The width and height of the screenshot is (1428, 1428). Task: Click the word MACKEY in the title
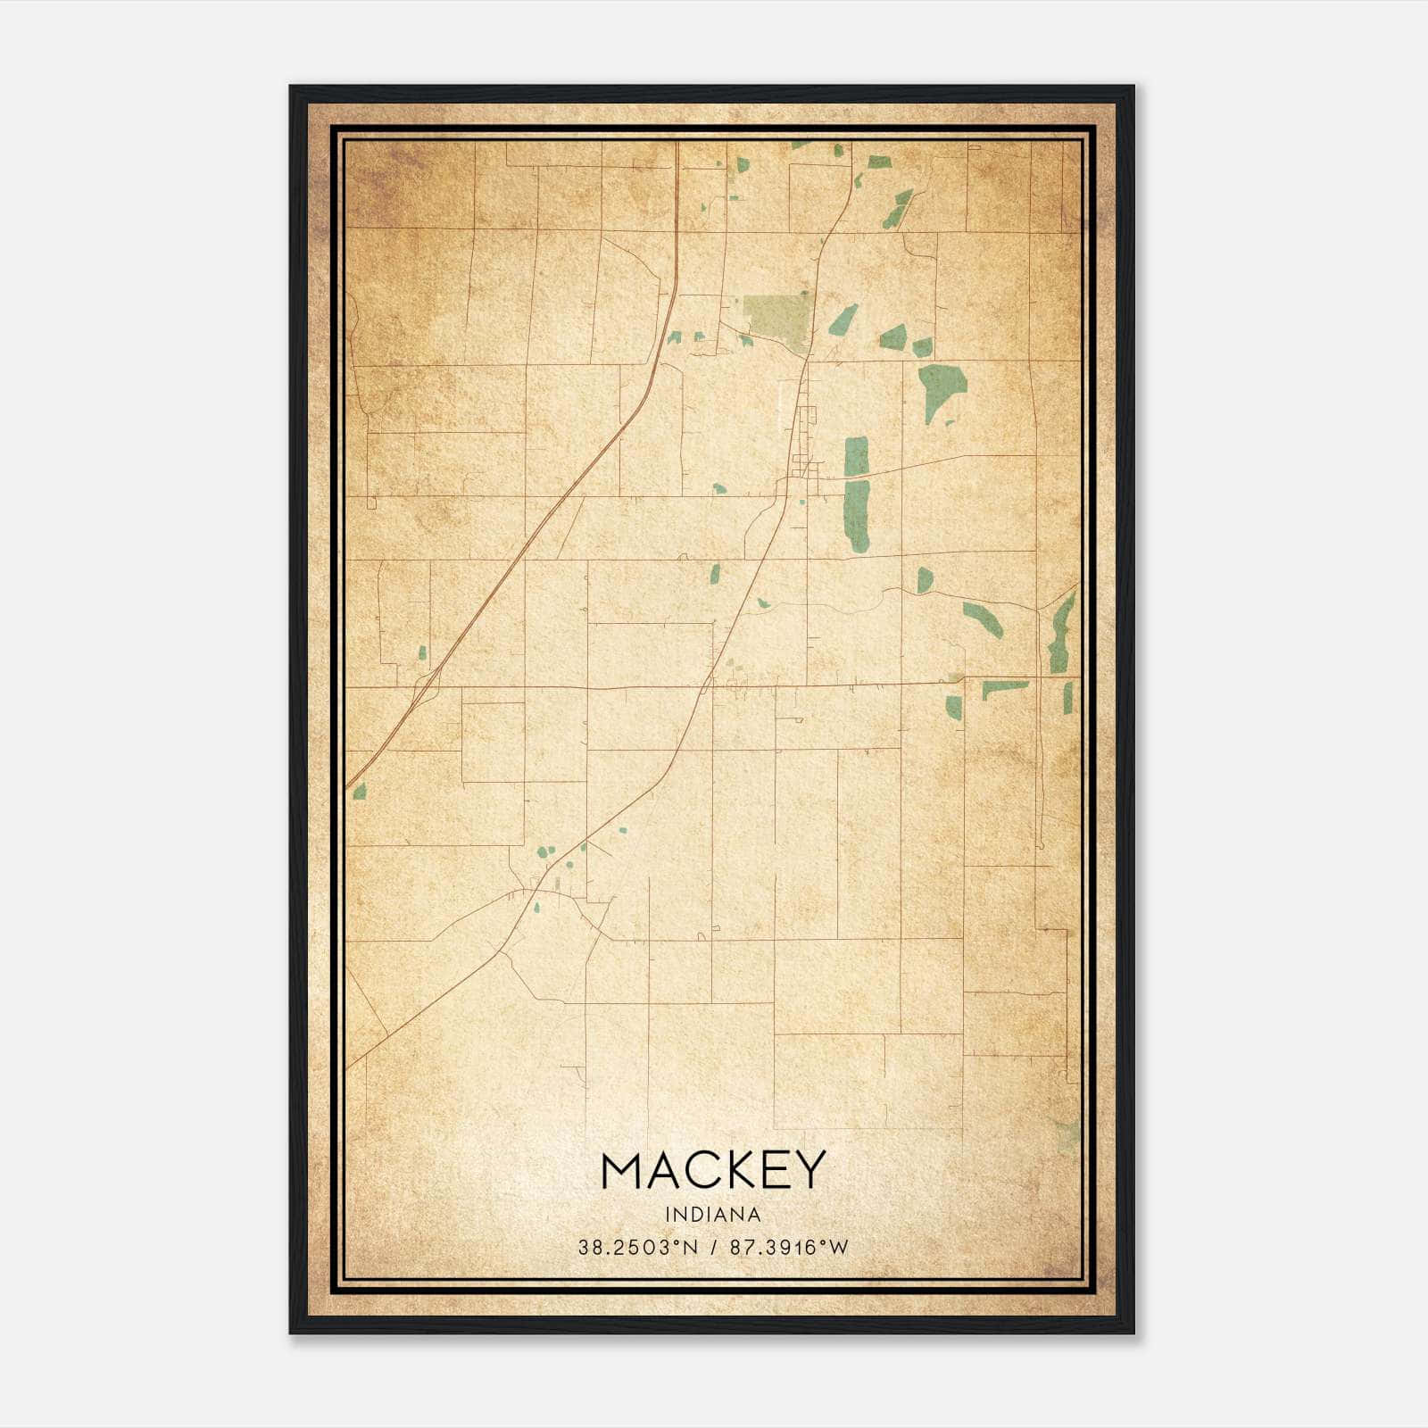click(x=713, y=1169)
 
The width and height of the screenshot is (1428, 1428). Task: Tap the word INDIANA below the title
click(x=713, y=1215)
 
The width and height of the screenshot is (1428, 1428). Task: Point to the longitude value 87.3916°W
click(x=789, y=1248)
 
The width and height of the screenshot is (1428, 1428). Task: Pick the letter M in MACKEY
click(x=624, y=1170)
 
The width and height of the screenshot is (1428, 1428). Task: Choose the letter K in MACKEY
click(x=734, y=1170)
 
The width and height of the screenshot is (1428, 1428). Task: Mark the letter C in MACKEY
click(x=697, y=1170)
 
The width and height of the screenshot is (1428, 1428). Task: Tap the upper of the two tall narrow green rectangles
click(x=856, y=456)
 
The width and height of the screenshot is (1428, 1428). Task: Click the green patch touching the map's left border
click(x=360, y=790)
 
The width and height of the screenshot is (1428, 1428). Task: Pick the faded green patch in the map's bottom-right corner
click(x=1068, y=1136)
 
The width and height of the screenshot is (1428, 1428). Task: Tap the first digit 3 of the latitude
click(x=582, y=1248)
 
